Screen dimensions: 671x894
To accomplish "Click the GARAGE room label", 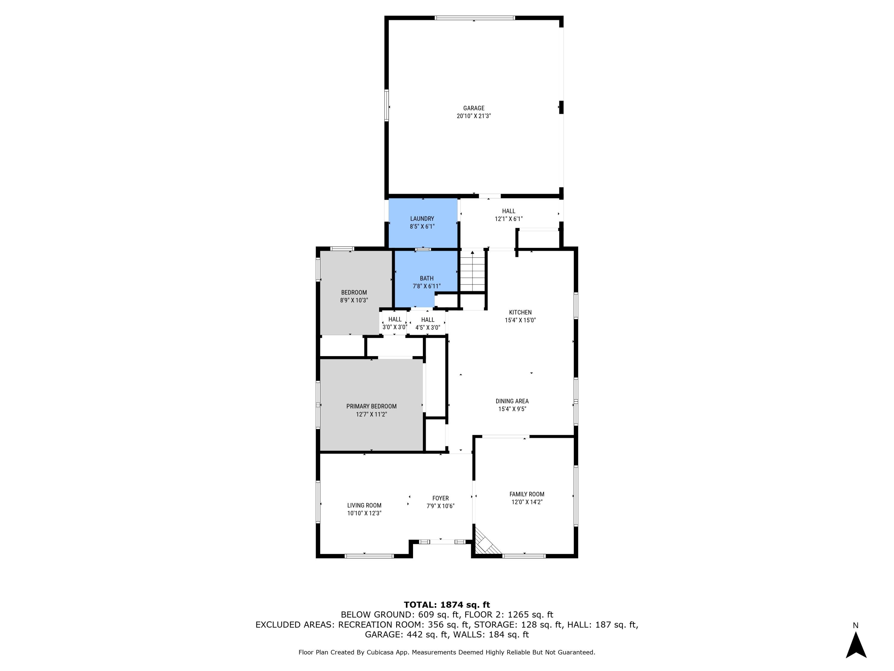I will pos(474,108).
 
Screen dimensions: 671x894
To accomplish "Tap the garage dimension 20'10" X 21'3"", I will pos(474,116).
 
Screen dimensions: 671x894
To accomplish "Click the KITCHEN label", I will pos(520,312).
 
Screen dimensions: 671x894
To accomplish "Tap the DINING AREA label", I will pos(512,401).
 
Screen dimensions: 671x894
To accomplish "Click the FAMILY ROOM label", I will pos(527,494).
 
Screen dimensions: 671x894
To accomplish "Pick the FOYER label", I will pos(440,498).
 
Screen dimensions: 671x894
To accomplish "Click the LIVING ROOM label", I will pos(364,505).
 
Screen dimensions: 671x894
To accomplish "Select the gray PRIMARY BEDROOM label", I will pos(371,406).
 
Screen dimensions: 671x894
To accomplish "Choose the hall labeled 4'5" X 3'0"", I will pos(428,324).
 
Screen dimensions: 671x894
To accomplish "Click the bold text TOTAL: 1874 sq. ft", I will pos(447,605).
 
